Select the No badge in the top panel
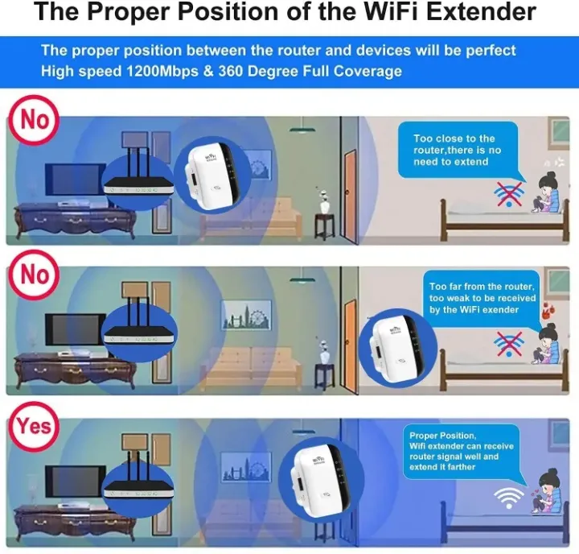pyautogui.click(x=35, y=120)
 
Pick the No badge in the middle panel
pyautogui.click(x=35, y=275)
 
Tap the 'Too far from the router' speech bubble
pyautogui.click(x=481, y=298)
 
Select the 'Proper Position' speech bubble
pyautogui.click(x=461, y=451)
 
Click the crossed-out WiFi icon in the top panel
pyautogui.click(x=507, y=194)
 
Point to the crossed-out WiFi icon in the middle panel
pyautogui.click(x=507, y=344)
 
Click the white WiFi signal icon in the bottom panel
pyautogui.click(x=507, y=497)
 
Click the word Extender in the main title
pyautogui.click(x=486, y=13)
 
